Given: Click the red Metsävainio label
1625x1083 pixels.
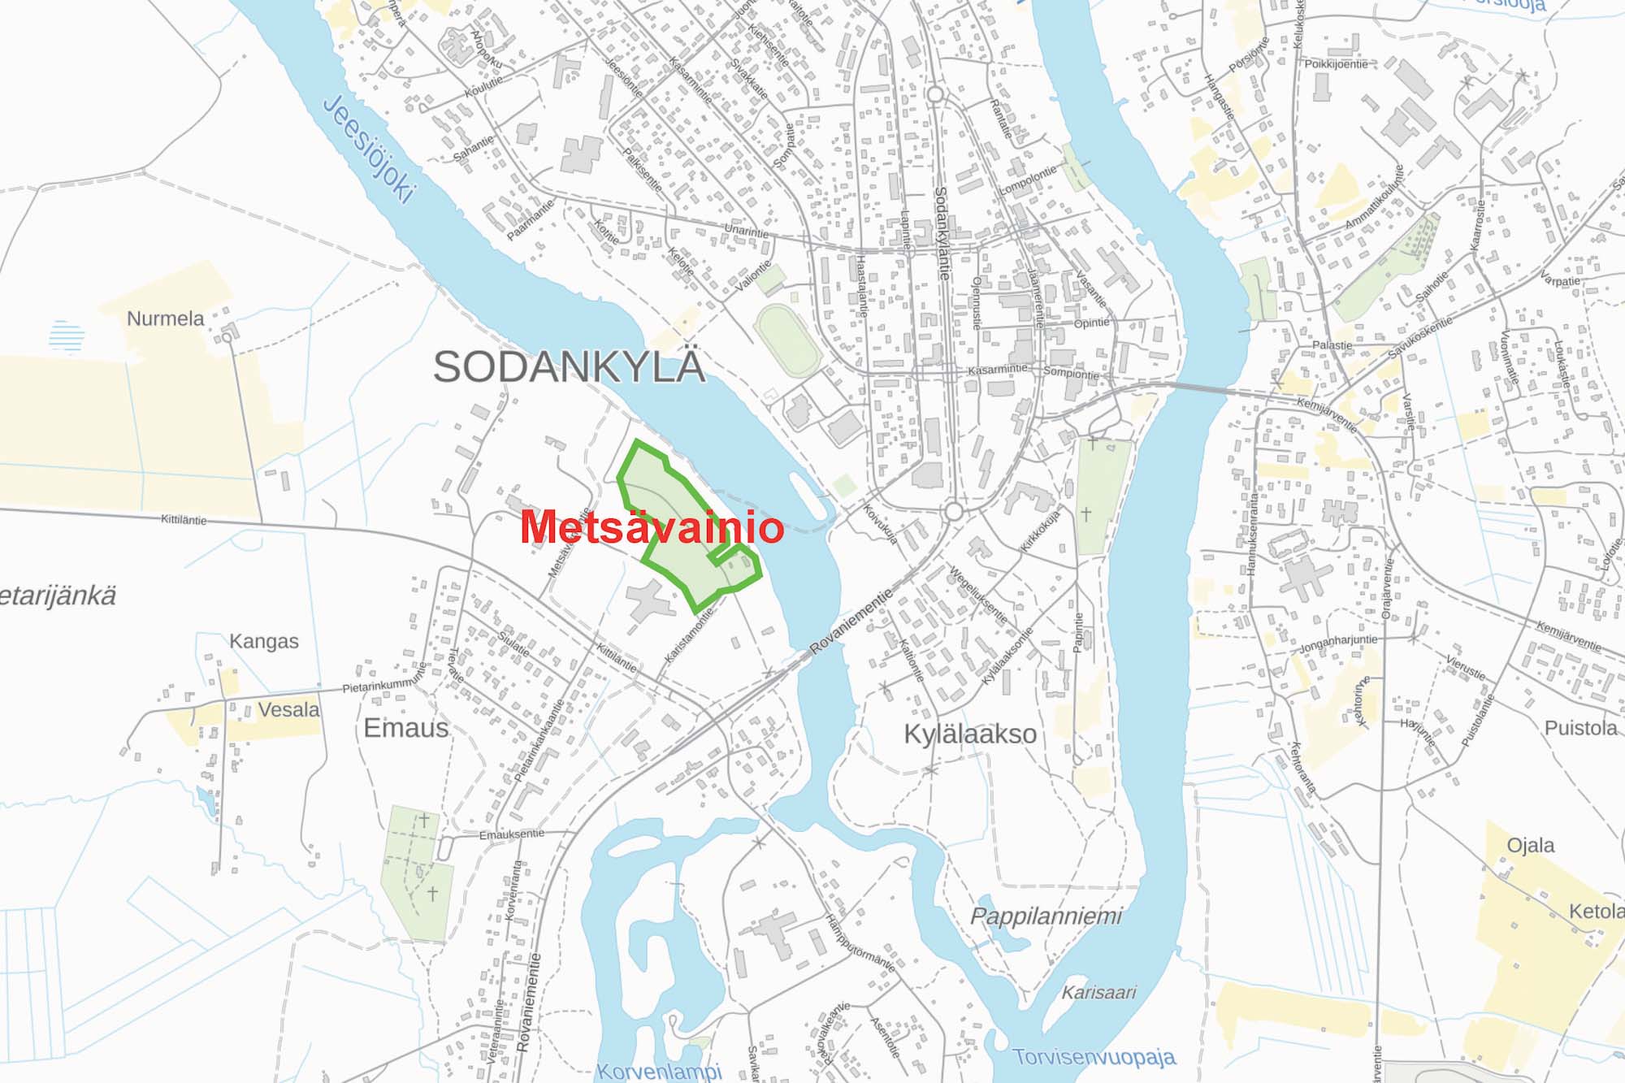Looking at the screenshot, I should pos(652,527).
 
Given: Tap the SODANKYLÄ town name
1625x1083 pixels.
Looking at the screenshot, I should pos(569,366).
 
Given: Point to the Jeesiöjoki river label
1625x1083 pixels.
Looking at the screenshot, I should pos(370,149).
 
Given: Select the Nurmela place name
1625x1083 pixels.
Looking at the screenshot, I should pos(165,318).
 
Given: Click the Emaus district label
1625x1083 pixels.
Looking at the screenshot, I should pos(405,727).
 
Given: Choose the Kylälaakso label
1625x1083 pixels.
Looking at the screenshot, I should pos(970,734).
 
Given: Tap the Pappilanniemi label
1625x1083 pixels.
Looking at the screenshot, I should pos(1046,916).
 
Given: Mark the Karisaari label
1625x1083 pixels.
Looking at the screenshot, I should pos(1098,992).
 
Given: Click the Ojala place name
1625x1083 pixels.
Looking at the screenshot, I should pos(1530,845).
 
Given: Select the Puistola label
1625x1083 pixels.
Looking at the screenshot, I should pos(1580,727).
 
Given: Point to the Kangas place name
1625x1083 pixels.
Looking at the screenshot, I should pos(263,641).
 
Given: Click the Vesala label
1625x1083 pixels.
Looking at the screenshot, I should pos(288,709).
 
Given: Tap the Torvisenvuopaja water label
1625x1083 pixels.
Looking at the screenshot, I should pos(1094,1057).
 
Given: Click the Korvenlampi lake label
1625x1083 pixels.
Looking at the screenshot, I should pos(659,1072).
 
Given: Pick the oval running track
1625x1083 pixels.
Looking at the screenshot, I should pos(788,340).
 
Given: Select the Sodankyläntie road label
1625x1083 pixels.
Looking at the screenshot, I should pos(942,233).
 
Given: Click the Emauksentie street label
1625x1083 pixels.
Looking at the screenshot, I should pos(511,834).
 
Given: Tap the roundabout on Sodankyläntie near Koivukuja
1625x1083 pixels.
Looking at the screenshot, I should pos(954,512).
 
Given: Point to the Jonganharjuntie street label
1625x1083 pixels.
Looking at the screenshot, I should pos(1338,643).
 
